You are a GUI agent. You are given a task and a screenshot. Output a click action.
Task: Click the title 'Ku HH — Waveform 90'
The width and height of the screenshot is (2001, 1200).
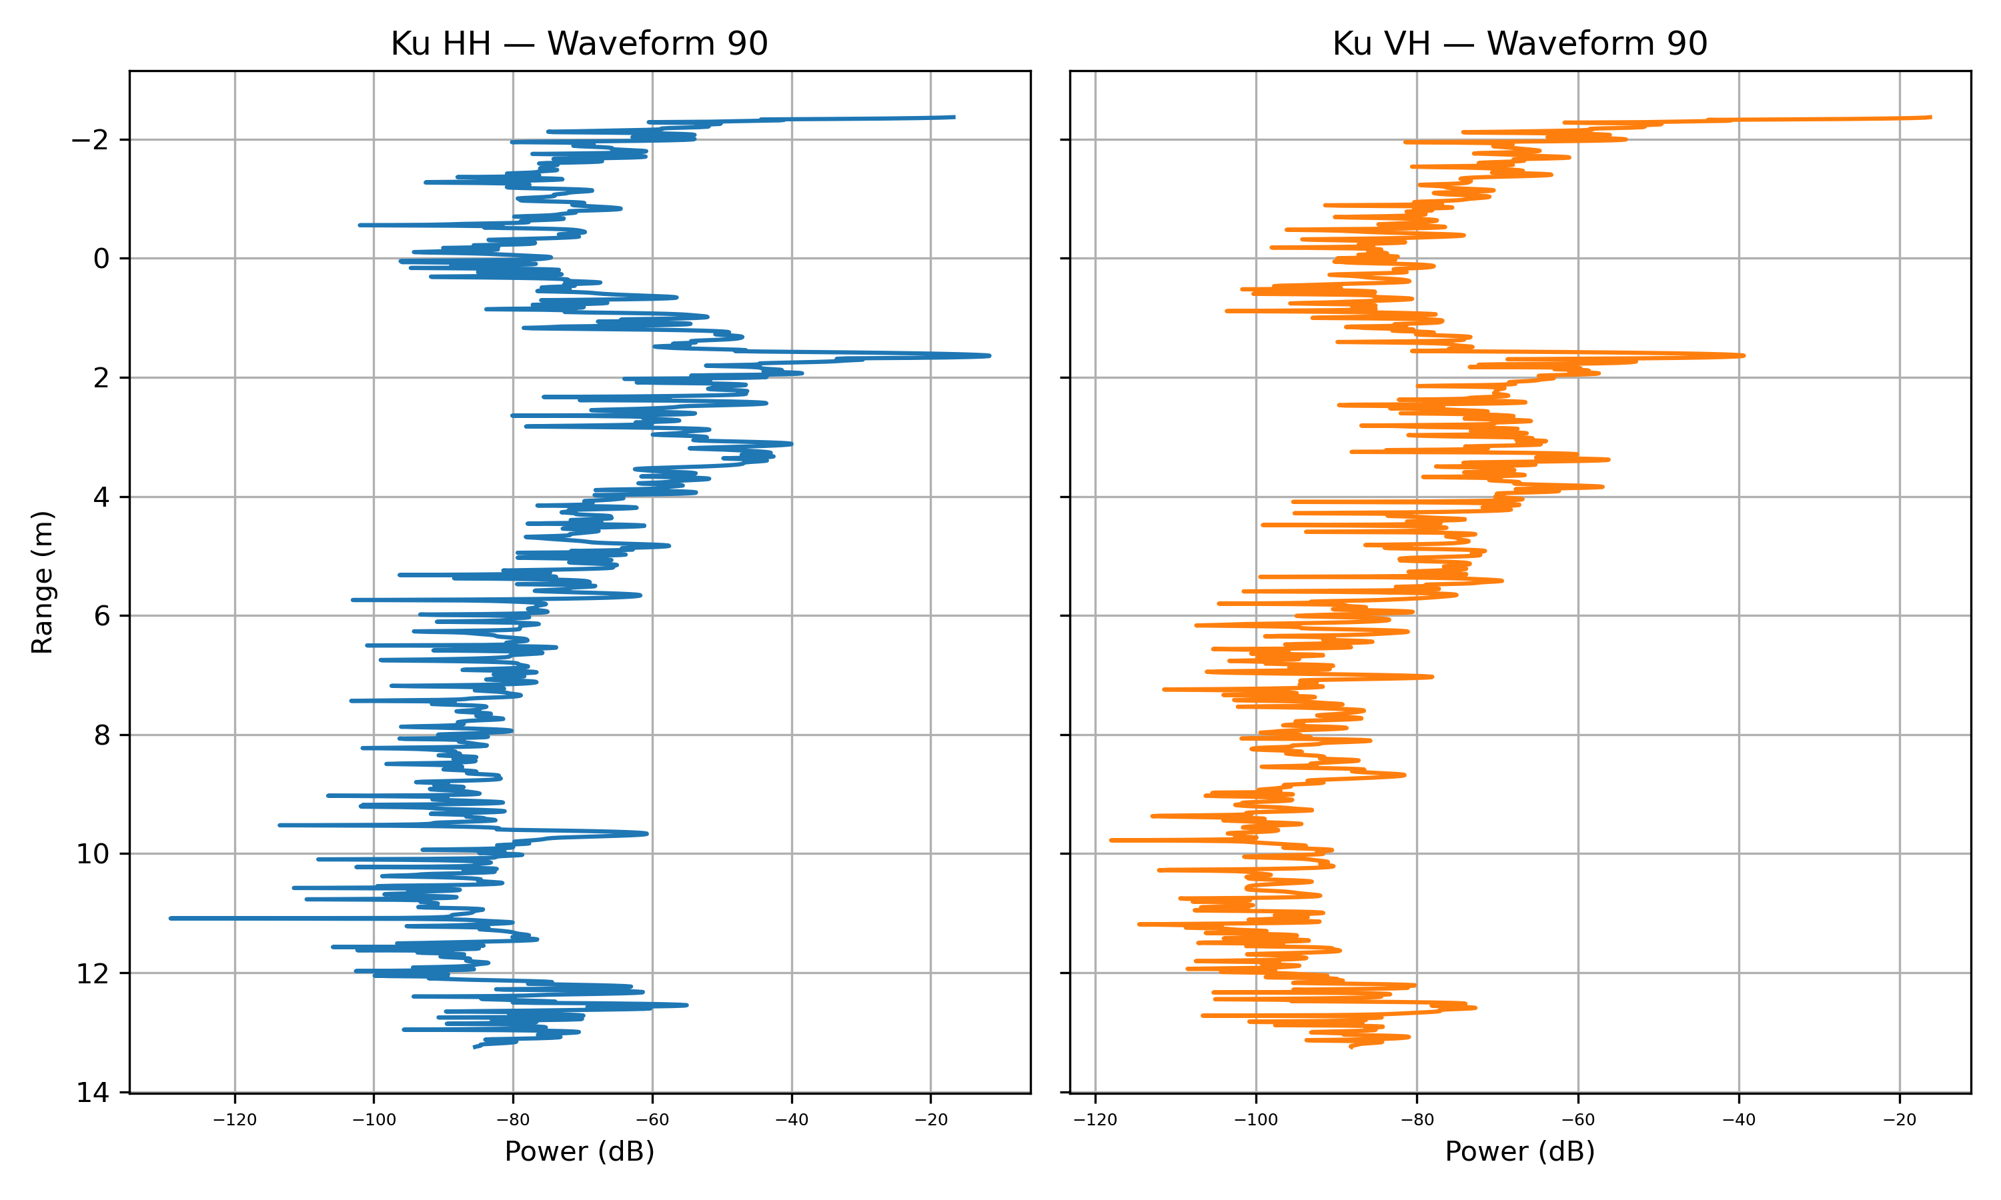579,43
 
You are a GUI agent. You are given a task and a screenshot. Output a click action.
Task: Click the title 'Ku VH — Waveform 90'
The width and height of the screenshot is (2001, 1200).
1519,43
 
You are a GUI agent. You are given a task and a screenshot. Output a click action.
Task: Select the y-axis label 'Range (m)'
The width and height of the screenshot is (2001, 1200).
42,582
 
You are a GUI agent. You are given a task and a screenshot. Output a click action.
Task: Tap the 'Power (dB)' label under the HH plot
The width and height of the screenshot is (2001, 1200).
579,1151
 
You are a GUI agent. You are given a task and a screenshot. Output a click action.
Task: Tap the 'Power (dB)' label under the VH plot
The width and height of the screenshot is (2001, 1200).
1519,1151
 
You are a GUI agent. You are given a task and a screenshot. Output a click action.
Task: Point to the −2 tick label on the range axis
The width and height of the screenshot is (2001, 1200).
90,140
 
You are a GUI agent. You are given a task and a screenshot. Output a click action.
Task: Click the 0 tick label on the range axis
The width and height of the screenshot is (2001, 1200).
101,259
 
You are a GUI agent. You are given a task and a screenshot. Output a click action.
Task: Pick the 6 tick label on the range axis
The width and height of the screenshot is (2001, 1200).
101,616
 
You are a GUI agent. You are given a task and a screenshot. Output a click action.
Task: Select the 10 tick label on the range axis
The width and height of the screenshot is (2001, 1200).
93,854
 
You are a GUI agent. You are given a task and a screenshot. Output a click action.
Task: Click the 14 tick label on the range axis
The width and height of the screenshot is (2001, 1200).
93,1093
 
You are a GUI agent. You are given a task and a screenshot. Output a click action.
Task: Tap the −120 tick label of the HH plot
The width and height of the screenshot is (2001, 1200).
235,1120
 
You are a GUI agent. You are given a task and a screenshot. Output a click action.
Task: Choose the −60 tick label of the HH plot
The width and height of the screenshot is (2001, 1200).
652,1120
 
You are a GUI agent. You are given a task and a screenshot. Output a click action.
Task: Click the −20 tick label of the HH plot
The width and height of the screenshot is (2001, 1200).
930,1120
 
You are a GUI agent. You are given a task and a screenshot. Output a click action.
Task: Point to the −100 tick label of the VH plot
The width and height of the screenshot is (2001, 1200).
1255,1120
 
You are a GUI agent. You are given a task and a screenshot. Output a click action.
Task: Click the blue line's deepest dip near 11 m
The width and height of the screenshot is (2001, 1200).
171,918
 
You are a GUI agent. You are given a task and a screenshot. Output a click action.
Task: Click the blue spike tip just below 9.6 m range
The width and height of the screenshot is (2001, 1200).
647,833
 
